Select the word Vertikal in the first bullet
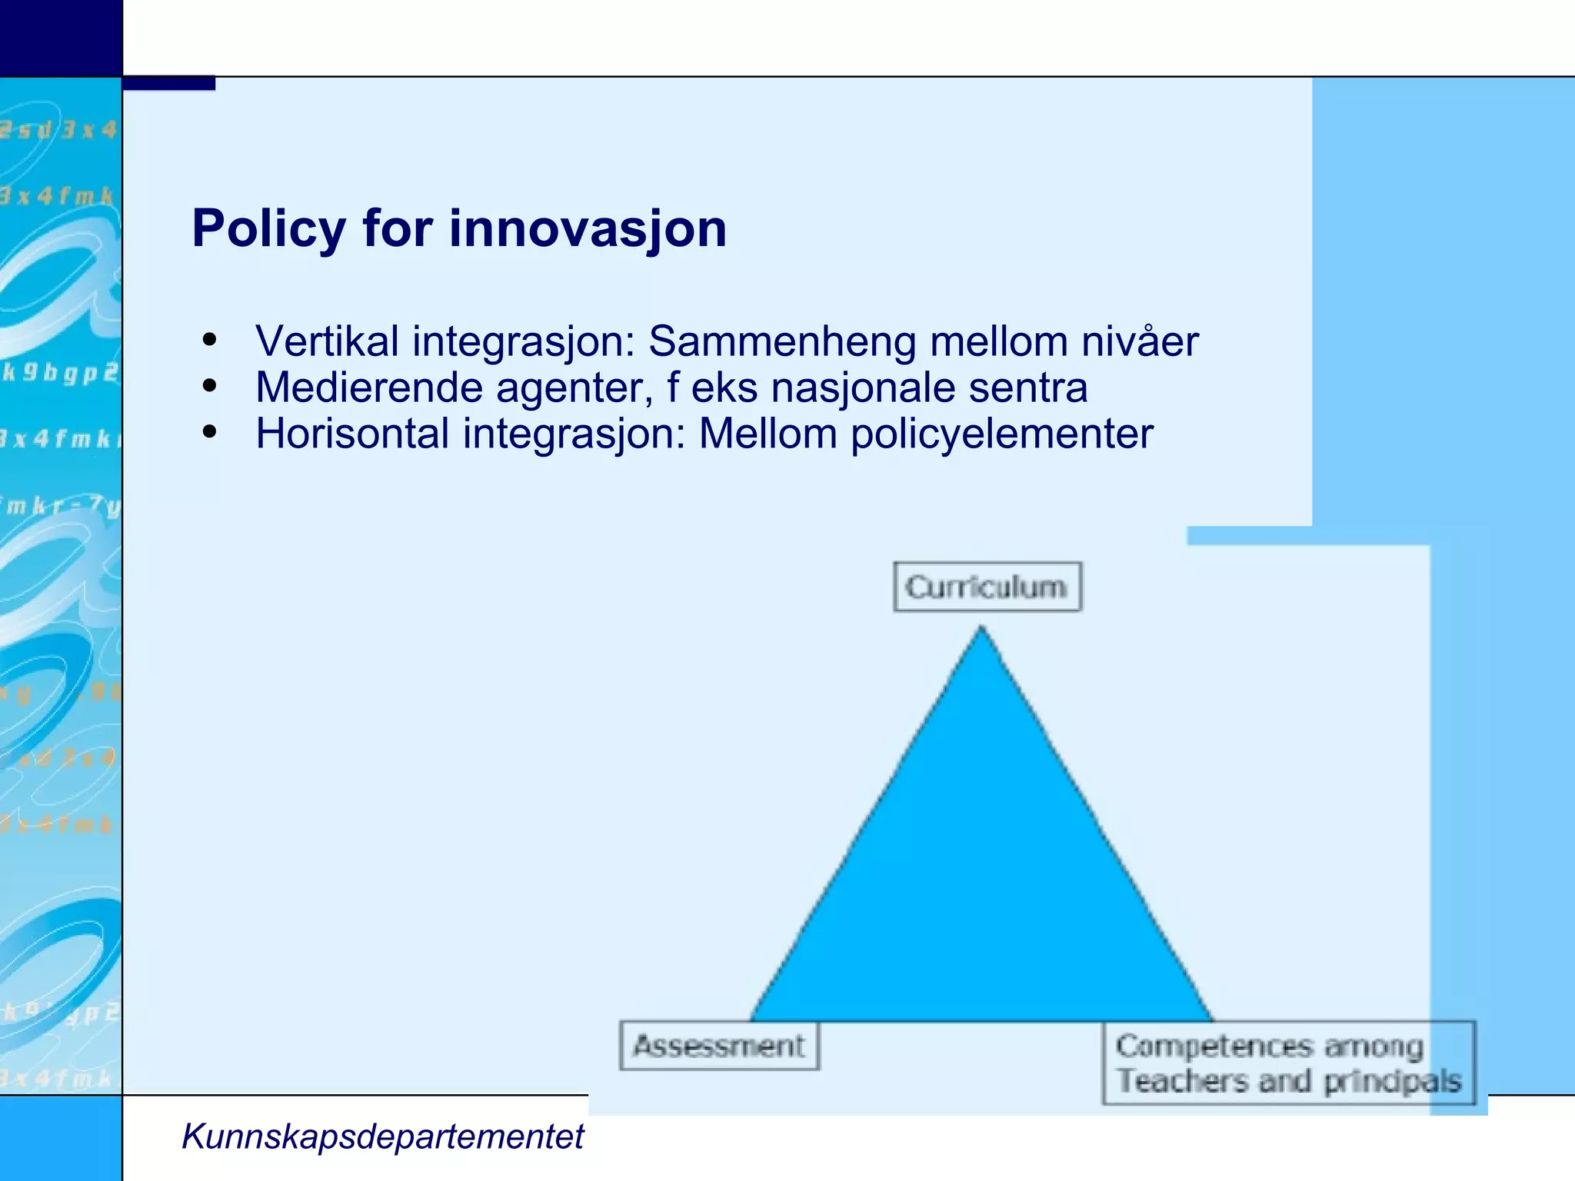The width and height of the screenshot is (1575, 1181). click(327, 341)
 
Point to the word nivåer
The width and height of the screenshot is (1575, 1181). click(1140, 341)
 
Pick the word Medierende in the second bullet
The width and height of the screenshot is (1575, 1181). click(368, 388)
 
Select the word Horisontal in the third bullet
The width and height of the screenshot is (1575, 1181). click(352, 434)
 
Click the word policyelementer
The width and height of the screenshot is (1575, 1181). click(1002, 434)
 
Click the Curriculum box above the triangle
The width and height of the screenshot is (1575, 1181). click(987, 587)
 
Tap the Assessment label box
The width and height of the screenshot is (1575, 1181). click(719, 1046)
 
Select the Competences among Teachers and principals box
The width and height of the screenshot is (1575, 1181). click(1288, 1063)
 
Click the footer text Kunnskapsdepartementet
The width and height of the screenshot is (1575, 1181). click(382, 1136)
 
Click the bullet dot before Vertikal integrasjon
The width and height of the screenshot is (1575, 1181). click(209, 340)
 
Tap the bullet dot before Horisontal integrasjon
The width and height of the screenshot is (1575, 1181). click(209, 432)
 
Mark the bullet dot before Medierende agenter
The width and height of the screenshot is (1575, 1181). click(209, 386)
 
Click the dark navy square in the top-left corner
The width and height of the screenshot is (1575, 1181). click(61, 38)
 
